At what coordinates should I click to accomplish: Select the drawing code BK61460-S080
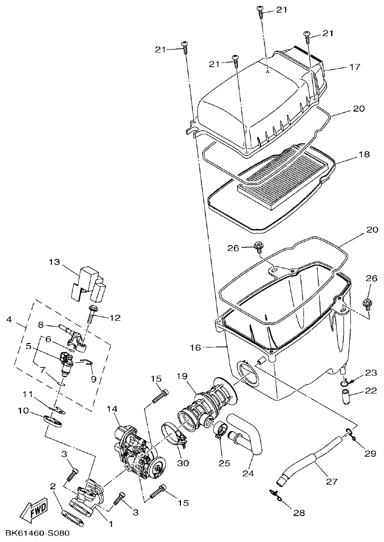click(38, 534)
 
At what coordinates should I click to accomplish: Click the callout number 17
click(341, 66)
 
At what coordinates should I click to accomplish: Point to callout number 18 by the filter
click(363, 154)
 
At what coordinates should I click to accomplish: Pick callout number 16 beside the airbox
click(196, 347)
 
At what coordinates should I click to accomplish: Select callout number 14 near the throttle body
click(112, 409)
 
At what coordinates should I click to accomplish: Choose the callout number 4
click(9, 320)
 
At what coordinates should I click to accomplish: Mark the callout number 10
click(24, 411)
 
